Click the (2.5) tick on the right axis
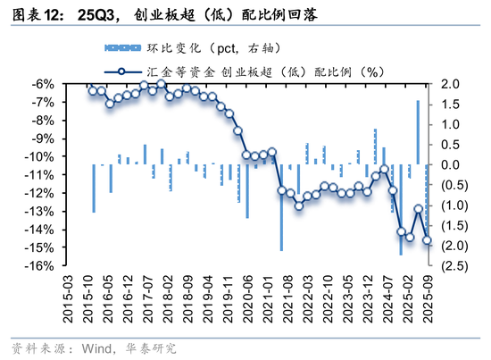(x=451, y=266)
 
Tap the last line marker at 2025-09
(x=427, y=239)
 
